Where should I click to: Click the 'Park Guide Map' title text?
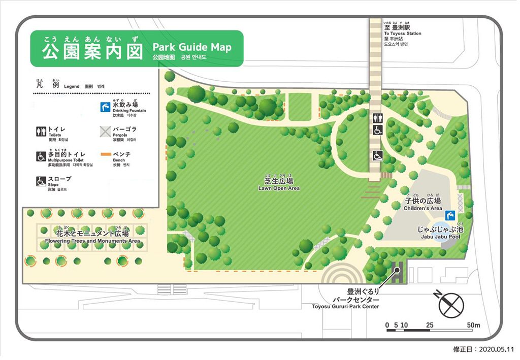[x=191, y=47]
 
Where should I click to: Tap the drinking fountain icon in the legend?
[x=105, y=107]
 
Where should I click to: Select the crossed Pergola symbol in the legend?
[x=105, y=132]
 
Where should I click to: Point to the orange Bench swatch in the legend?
[x=105, y=154]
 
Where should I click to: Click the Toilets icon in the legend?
[x=41, y=132]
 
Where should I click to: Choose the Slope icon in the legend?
[x=41, y=180]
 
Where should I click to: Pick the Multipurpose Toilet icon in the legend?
[x=41, y=156]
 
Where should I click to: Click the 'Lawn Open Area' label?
[x=279, y=188]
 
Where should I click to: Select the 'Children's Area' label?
[x=422, y=208]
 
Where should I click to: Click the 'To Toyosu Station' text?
[x=403, y=34]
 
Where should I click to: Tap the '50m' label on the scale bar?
[x=474, y=325]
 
